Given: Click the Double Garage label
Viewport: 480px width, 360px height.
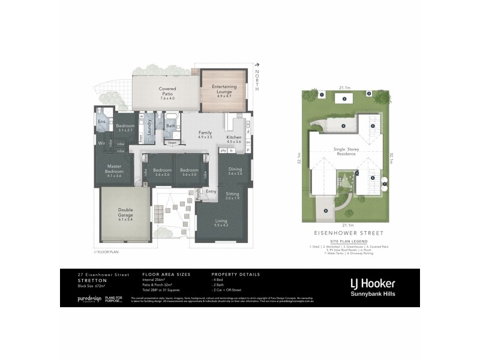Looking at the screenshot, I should (125, 212).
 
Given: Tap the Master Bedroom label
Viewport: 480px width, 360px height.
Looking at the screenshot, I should (114, 168).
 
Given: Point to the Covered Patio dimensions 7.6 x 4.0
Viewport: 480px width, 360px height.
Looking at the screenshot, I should (167, 98).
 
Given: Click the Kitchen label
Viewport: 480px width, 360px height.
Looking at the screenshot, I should (234, 138).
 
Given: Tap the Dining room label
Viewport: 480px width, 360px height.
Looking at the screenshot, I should (235, 169).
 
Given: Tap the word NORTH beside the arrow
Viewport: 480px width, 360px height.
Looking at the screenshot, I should (257, 80).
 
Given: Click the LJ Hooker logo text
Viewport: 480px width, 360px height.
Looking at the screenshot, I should (372, 281).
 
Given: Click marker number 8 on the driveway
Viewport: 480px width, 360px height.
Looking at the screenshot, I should (326, 211).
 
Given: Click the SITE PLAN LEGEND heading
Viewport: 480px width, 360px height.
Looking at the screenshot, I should (344, 240).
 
